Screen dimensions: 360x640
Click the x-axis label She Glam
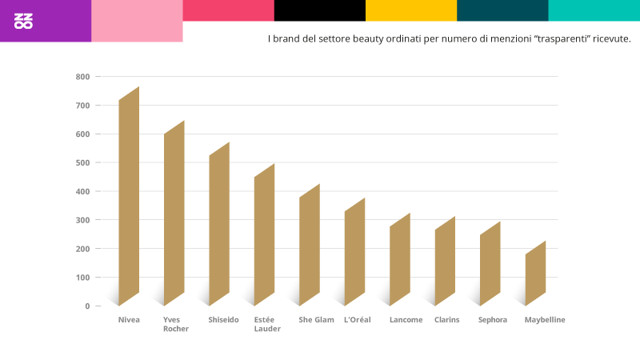tap(316, 320)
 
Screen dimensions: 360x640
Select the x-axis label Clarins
tap(446, 320)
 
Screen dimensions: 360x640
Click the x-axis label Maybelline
tap(545, 320)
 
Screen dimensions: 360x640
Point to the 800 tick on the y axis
tap(83, 77)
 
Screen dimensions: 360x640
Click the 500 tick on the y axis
tap(83, 162)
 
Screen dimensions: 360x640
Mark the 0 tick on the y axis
tap(87, 306)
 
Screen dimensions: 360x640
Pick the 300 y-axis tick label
tap(83, 220)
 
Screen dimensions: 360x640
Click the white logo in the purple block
tap(24, 21)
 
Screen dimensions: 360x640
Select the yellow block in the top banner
tap(411, 10)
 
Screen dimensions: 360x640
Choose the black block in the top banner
tap(320, 10)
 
